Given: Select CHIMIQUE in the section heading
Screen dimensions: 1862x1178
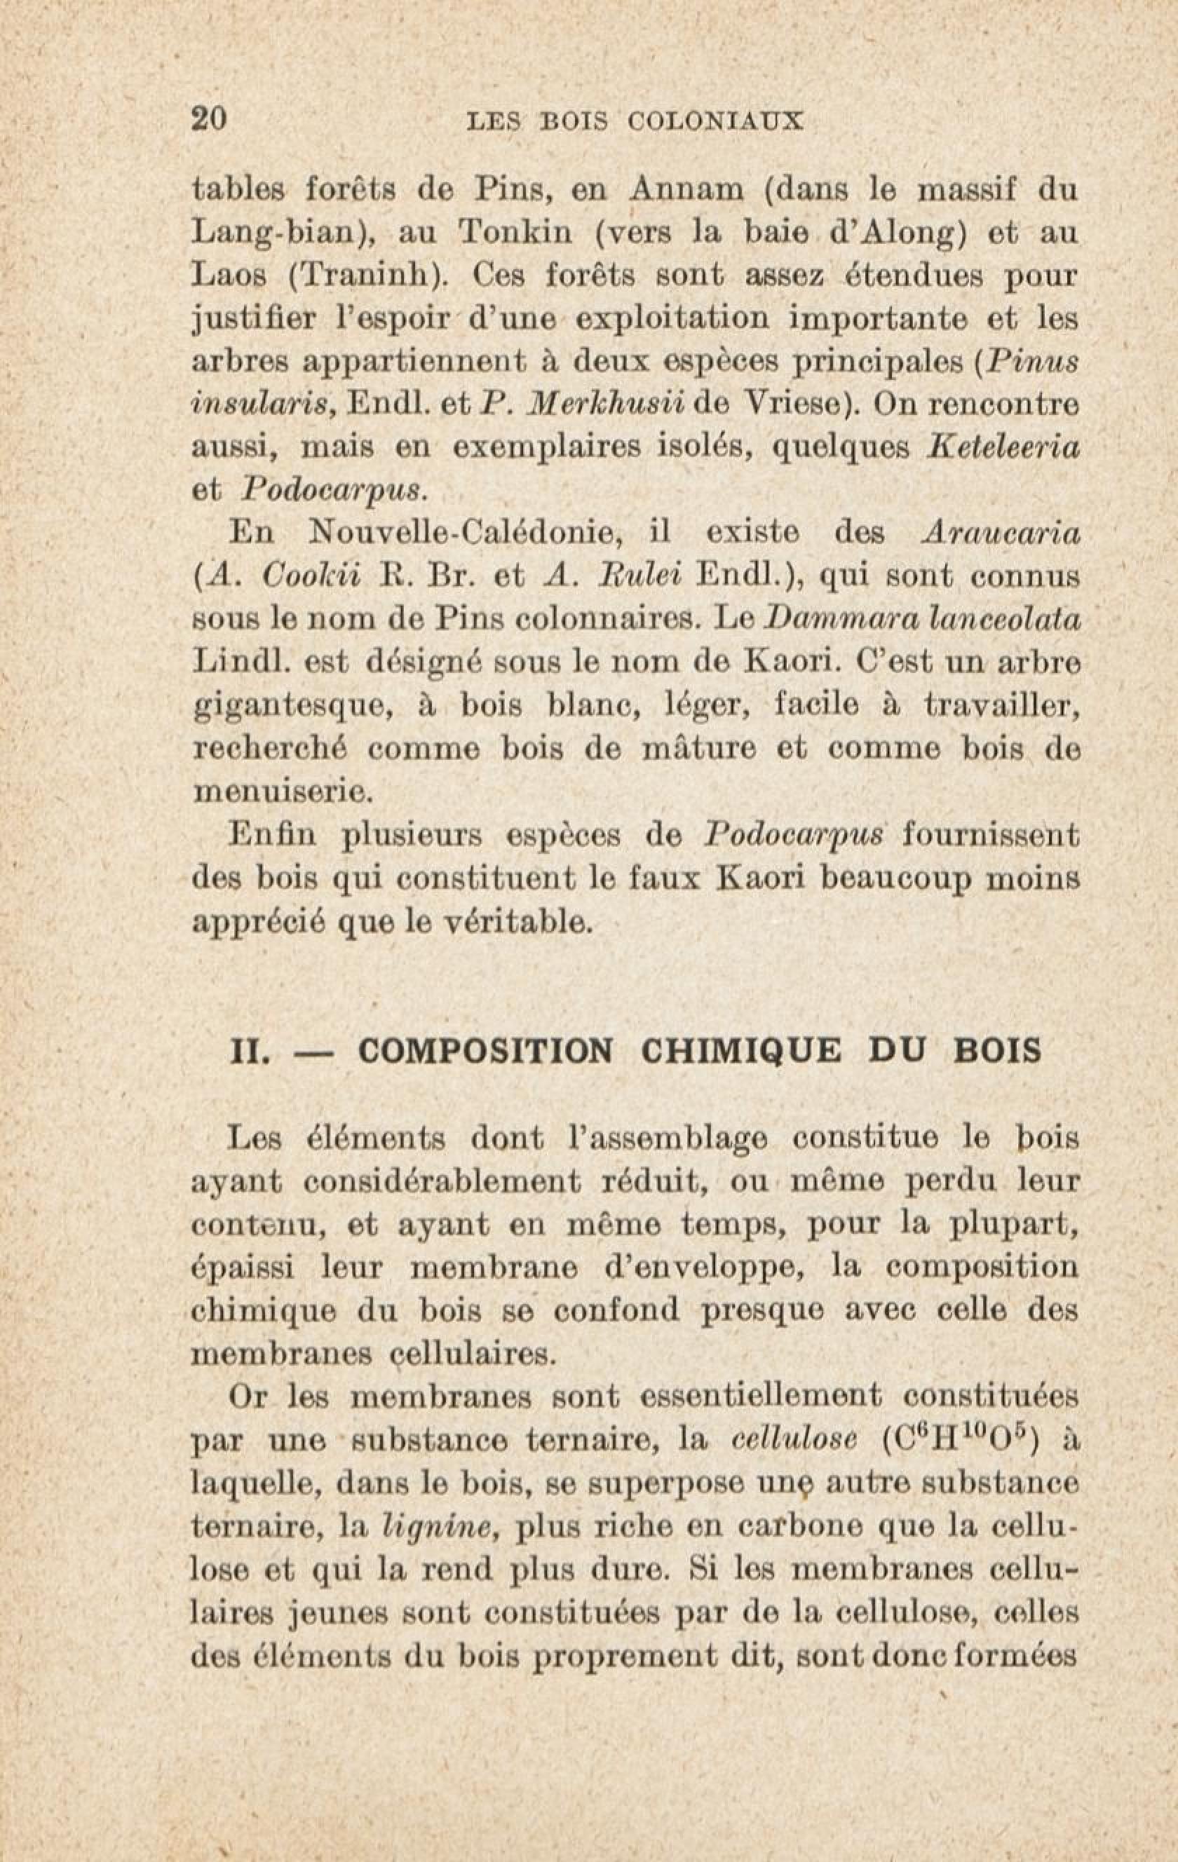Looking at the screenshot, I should click(741, 1051).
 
